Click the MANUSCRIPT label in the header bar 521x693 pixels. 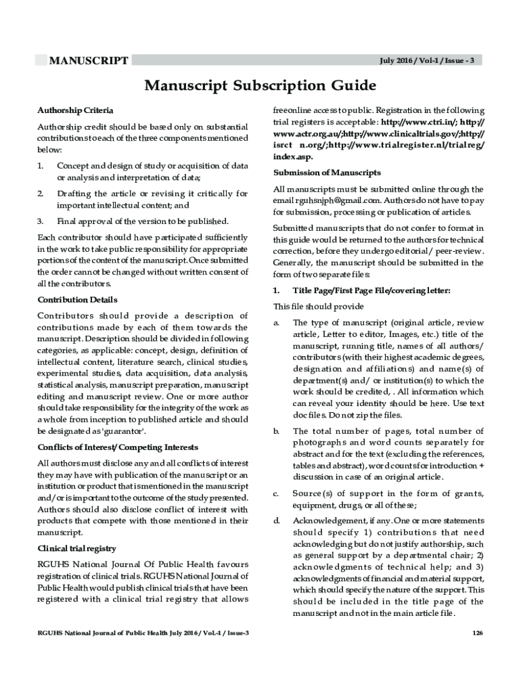pos(89,61)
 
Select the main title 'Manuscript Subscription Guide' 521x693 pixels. pos(259,86)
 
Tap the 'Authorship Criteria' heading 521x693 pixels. pos(75,110)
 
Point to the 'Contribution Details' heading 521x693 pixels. pos(77,300)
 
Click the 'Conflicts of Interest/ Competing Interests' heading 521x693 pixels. pos(117,447)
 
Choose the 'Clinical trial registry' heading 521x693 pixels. pos(76,548)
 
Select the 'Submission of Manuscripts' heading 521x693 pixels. pos(327,173)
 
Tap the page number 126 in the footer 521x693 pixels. pos(478,633)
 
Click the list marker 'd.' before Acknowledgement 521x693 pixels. pos(276,520)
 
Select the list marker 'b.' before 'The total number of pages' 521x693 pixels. pos(276,430)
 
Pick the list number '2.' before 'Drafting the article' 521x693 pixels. pos(41,194)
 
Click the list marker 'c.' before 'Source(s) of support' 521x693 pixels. pos(276,494)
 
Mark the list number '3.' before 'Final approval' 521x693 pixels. pos(41,221)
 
